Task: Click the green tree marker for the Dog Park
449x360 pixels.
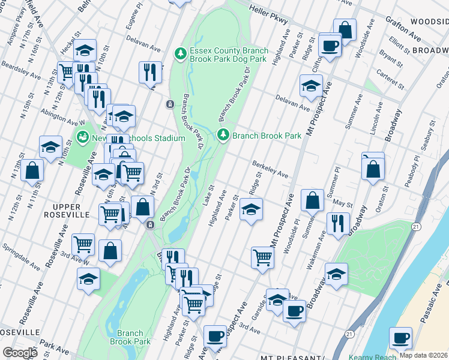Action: point(179,54)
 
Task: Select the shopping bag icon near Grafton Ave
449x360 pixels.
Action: point(345,29)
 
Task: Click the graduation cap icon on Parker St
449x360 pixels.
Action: point(250,210)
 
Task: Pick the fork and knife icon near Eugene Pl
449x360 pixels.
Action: point(149,73)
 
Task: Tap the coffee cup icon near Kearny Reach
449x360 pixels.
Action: point(400,338)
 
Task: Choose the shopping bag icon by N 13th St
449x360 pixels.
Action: point(32,170)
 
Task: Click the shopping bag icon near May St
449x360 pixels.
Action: point(312,200)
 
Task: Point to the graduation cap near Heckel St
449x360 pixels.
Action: point(85,50)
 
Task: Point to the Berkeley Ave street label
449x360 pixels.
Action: point(270,169)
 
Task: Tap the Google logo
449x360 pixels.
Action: point(19,352)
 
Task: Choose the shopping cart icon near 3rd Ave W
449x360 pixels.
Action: point(83,244)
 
